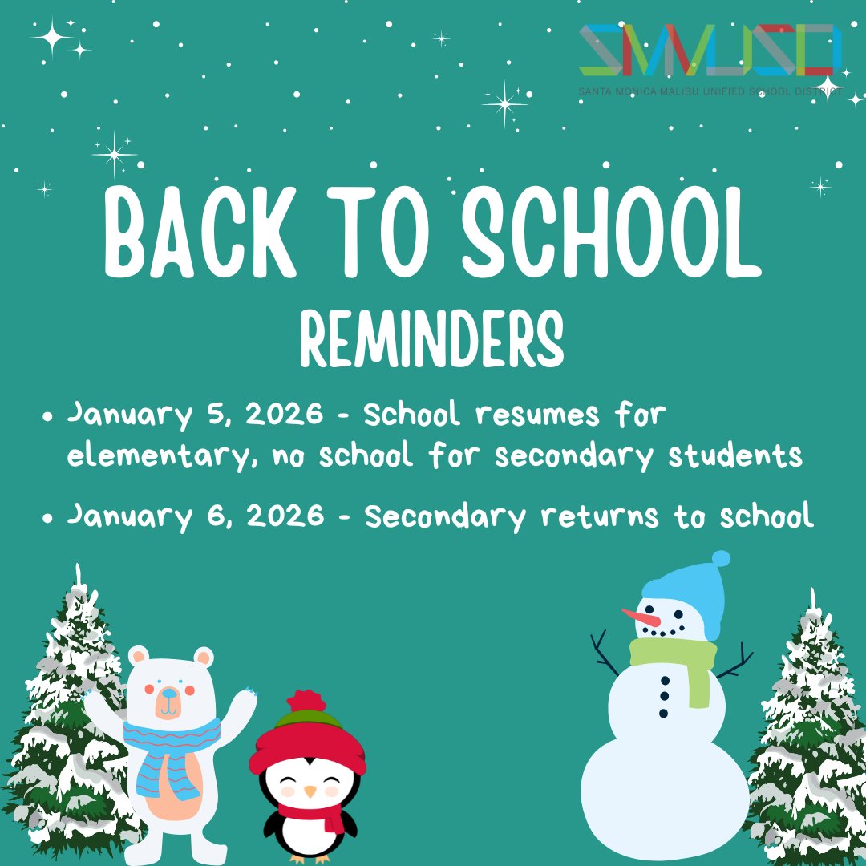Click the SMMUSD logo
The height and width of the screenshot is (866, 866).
[x=710, y=51]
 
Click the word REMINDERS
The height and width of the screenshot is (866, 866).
[x=432, y=338]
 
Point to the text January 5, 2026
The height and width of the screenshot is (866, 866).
[x=196, y=415]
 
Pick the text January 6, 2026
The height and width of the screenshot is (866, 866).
[x=196, y=516]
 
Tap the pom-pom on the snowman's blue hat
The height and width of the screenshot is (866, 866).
[x=721, y=558]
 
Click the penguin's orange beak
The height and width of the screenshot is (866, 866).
[x=310, y=791]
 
